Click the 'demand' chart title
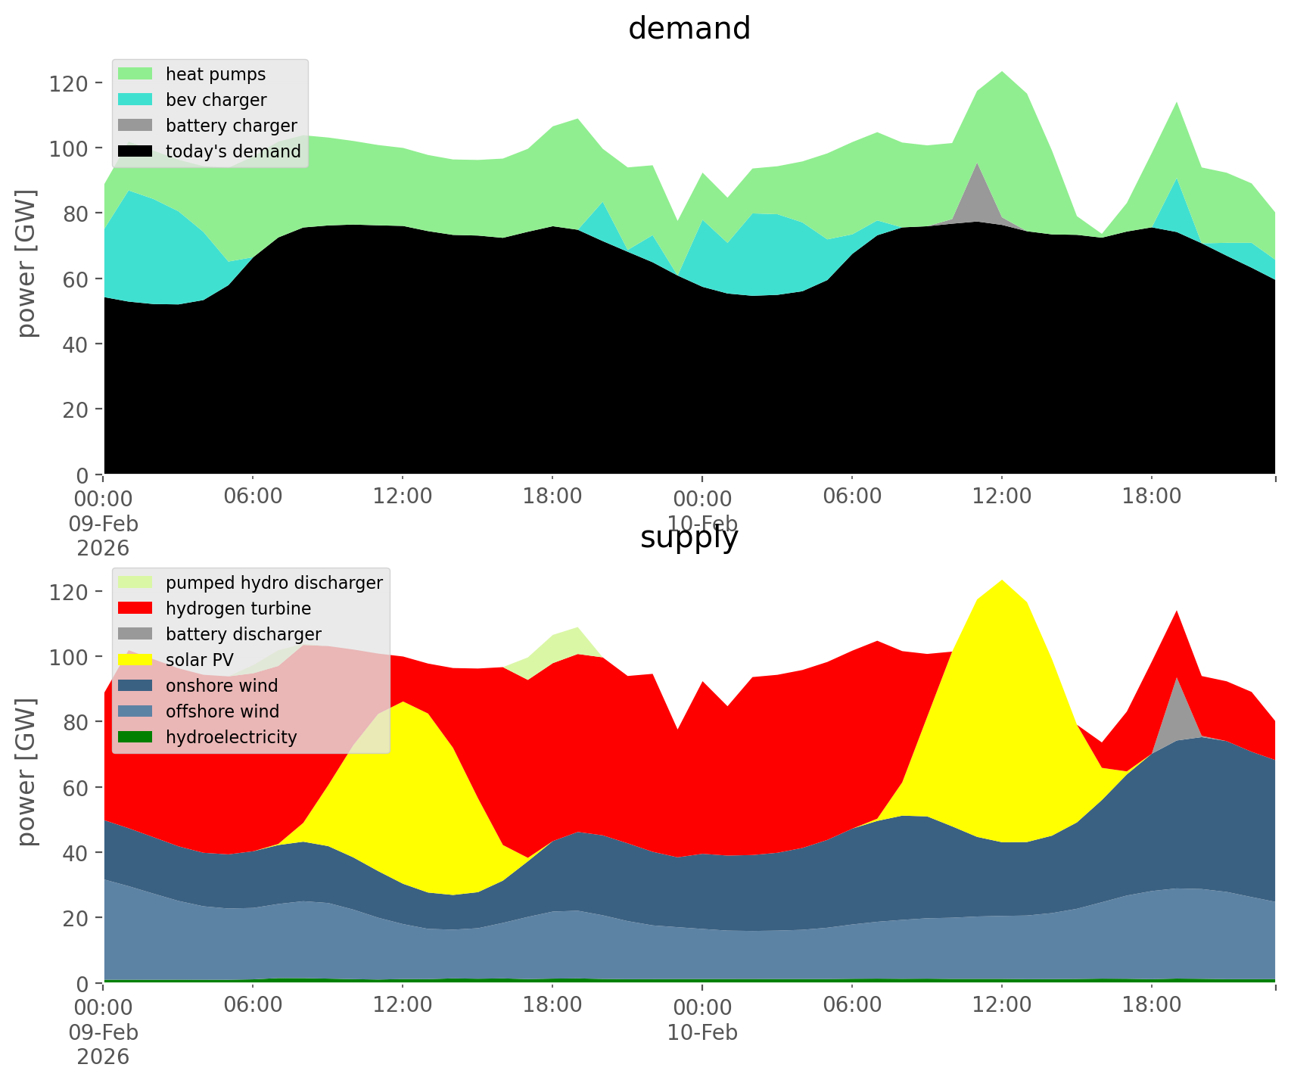coord(689,29)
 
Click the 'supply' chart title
coord(689,537)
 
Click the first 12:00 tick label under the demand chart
coord(403,497)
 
